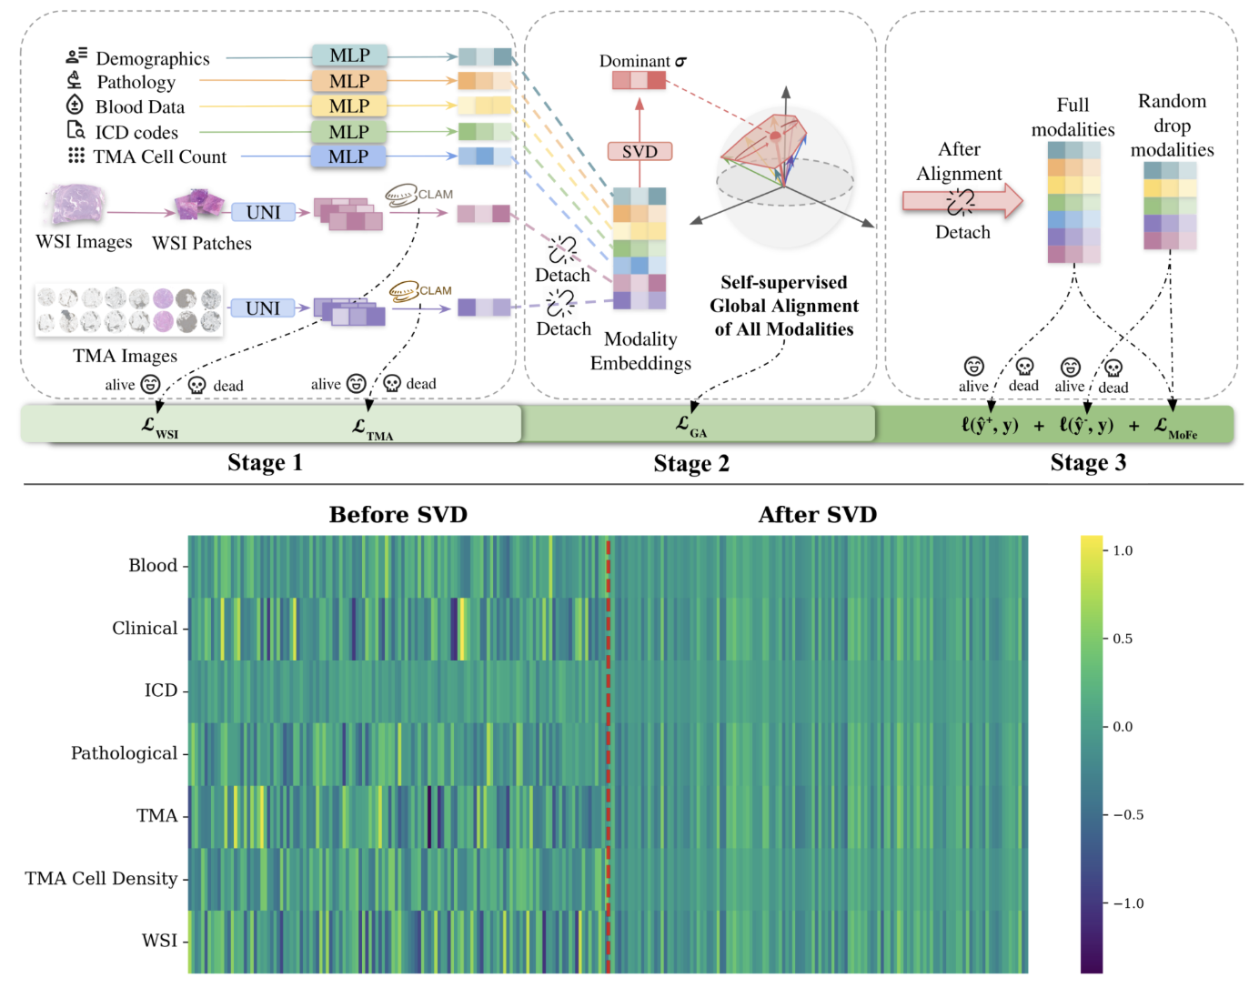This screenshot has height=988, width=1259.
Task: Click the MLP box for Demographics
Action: point(349,55)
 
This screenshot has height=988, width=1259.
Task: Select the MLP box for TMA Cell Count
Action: point(348,156)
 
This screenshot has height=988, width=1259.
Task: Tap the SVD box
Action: point(640,151)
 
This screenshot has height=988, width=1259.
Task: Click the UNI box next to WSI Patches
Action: point(263,212)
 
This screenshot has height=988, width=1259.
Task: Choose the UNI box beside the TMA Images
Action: point(263,308)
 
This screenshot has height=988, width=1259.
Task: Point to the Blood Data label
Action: point(139,107)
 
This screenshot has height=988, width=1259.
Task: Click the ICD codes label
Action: point(136,133)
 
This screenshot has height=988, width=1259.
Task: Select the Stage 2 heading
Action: point(691,463)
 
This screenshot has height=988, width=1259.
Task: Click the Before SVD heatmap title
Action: point(398,515)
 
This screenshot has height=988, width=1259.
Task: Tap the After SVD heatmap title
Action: point(817,515)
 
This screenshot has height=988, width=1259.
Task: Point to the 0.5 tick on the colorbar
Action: point(1123,639)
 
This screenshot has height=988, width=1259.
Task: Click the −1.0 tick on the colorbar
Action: point(1128,903)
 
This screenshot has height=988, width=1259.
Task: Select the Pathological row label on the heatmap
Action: point(124,753)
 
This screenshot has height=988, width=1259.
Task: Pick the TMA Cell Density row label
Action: point(101,879)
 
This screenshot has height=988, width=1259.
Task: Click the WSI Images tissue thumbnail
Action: point(77,205)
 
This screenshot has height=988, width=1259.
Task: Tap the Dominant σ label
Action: point(642,61)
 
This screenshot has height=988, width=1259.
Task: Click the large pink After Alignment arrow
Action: point(962,201)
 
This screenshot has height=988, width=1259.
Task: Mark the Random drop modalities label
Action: point(1172,126)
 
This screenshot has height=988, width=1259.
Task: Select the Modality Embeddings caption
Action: point(640,351)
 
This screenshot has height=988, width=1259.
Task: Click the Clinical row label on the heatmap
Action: point(145,629)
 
